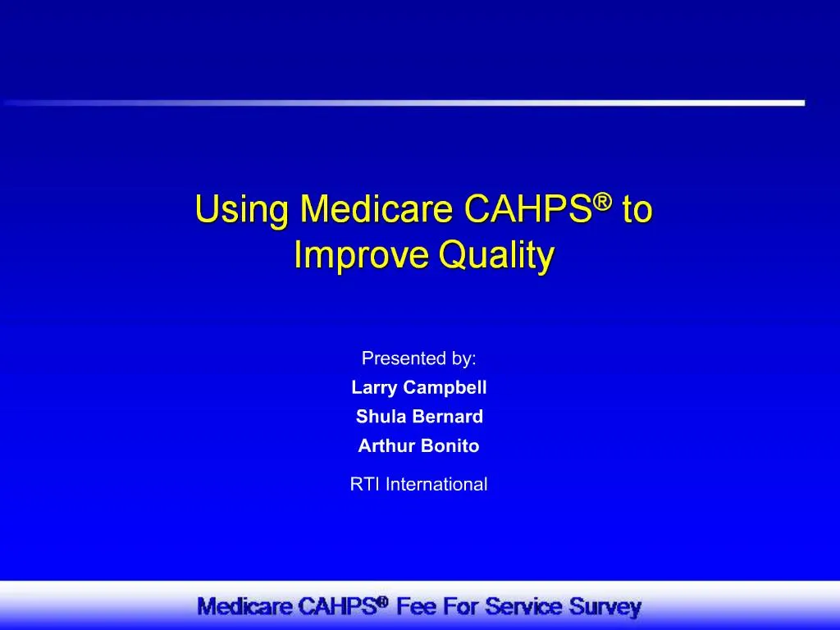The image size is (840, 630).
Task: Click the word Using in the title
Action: click(x=242, y=212)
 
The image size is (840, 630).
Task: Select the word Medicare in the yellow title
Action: click(x=377, y=210)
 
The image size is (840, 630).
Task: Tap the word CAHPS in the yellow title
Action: click(x=528, y=210)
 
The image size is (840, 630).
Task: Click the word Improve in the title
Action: click(x=361, y=257)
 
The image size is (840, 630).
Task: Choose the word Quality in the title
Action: click(x=496, y=257)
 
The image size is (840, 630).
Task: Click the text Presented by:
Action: click(x=419, y=358)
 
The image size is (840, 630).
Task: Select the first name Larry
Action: click(x=373, y=388)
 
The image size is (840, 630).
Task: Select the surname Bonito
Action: click(x=450, y=446)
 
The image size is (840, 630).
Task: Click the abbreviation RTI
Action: click(x=365, y=484)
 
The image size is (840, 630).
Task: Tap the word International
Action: click(x=436, y=484)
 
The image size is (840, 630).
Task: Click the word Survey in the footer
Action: click(x=605, y=608)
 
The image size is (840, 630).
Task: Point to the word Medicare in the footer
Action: click(x=245, y=608)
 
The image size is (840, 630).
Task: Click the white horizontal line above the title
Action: click(x=492, y=103)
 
